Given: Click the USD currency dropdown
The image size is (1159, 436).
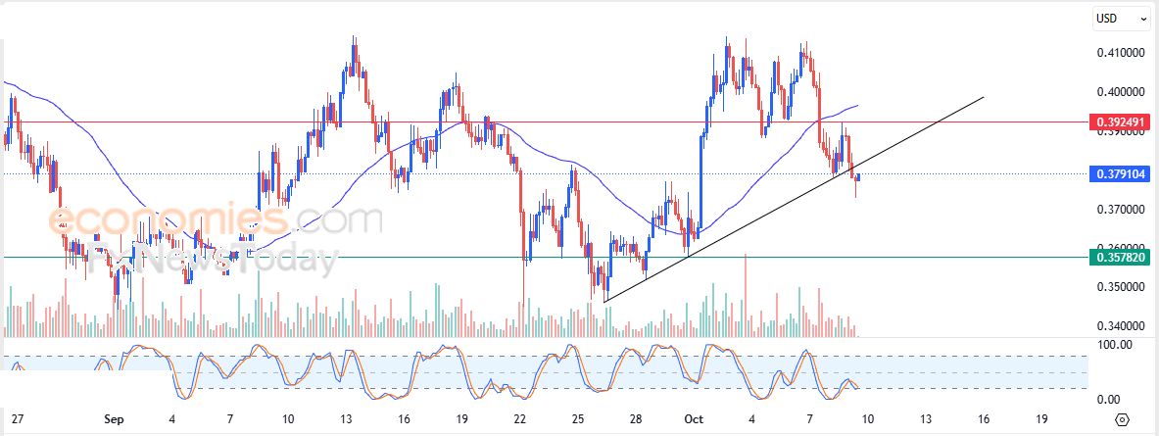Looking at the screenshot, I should [1121, 18].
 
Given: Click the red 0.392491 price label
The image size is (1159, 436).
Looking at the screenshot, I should [1120, 122].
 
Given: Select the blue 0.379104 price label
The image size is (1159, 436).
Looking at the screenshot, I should [1120, 175].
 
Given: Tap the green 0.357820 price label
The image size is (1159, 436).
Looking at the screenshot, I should [1120, 257].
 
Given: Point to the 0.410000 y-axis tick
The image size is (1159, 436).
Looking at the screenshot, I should [1121, 53].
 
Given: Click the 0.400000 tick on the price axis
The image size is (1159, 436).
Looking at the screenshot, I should [1121, 92].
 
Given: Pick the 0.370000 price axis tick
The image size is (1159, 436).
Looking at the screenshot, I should [1121, 210].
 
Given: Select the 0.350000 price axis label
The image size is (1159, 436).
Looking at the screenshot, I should [1121, 287].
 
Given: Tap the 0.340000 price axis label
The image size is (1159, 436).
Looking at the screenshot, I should [1121, 326].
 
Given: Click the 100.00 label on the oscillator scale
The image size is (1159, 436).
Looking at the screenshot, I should [1115, 345].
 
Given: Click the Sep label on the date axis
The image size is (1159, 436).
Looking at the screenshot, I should [114, 418].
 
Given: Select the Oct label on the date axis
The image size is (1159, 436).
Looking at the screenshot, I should [695, 418].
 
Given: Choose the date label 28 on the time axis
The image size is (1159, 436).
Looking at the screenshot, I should [636, 418].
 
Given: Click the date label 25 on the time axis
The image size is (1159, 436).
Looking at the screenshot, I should [578, 418].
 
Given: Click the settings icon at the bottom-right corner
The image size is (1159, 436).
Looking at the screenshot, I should [1122, 418].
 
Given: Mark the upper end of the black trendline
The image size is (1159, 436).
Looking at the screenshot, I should [983, 97].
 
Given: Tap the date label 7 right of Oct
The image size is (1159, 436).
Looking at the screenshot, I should [810, 418].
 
